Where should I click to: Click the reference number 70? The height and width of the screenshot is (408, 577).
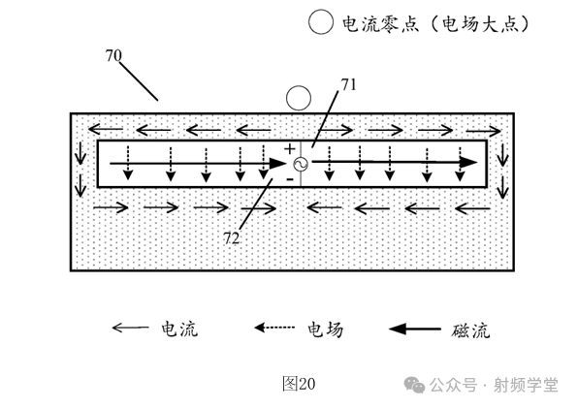click(x=113, y=56)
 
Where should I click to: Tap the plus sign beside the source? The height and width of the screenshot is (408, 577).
click(x=289, y=149)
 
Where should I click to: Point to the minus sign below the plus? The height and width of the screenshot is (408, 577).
click(x=289, y=180)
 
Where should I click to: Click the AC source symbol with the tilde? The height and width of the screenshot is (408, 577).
click(x=299, y=166)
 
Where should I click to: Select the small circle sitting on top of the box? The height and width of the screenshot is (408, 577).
click(x=299, y=99)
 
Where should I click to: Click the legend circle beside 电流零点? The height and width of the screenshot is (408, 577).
click(x=320, y=23)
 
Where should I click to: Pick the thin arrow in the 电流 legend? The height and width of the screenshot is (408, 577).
click(x=131, y=330)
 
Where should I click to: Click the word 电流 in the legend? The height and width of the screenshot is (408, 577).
click(x=179, y=330)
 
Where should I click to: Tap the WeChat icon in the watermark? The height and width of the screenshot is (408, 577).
click(x=419, y=385)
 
